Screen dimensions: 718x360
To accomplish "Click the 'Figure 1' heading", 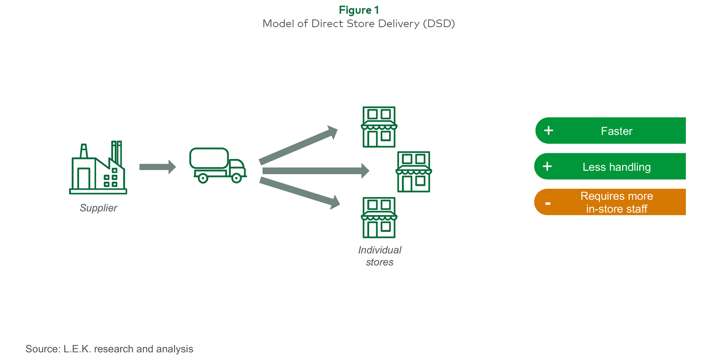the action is point(359,10).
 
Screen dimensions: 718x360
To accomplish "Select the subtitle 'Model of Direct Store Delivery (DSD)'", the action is point(359,24).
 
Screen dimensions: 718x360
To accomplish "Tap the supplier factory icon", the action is point(98,167).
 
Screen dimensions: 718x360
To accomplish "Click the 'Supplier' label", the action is point(99,208).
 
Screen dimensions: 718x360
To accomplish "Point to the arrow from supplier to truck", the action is point(157,167).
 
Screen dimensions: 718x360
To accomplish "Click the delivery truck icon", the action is point(218,165).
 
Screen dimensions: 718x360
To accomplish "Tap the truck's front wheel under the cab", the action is point(236,178).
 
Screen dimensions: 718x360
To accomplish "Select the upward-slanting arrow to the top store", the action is point(298,145).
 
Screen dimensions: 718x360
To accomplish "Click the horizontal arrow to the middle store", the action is point(316,171).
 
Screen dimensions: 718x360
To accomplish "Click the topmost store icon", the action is point(379,127).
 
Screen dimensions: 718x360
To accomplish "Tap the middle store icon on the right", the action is point(414,172).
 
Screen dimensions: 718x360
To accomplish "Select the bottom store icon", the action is point(379,218).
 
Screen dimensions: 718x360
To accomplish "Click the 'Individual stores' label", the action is point(380,256).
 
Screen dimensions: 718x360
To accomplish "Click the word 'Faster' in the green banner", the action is point(617,131).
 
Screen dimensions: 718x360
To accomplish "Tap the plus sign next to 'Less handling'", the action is point(547,166).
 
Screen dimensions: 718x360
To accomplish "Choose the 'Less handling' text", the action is point(617,167).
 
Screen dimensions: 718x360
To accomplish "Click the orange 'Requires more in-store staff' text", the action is point(617,202).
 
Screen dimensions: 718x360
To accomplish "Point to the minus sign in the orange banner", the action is point(548,204).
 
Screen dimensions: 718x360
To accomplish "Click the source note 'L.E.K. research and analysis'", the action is point(128,349).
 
